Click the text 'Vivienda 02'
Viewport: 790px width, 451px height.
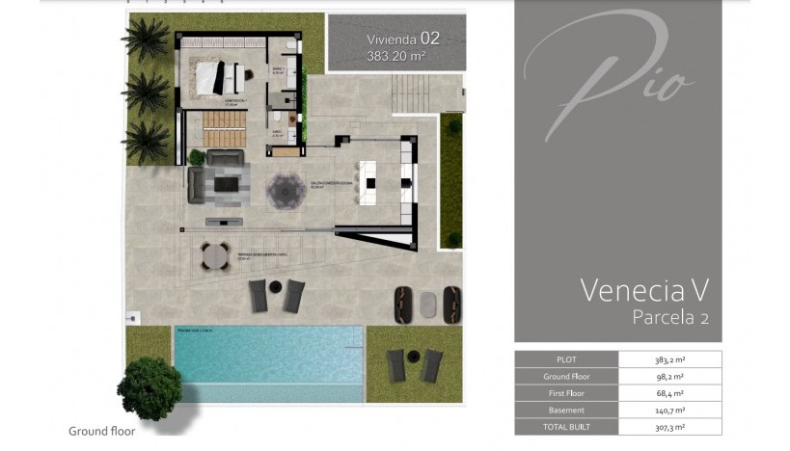(402, 40)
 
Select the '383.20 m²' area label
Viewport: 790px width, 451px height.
(396, 57)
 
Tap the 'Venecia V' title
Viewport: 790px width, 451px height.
(645, 289)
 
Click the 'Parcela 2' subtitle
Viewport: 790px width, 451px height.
(670, 317)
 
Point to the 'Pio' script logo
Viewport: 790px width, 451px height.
(617, 72)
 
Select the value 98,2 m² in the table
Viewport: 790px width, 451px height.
(669, 376)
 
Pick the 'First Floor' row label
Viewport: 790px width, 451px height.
(565, 392)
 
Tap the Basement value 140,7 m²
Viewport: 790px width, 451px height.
(669, 410)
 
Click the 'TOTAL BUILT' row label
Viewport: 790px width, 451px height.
(565, 427)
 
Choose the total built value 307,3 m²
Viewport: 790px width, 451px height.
(669, 427)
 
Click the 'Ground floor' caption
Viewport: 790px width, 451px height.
(102, 432)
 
